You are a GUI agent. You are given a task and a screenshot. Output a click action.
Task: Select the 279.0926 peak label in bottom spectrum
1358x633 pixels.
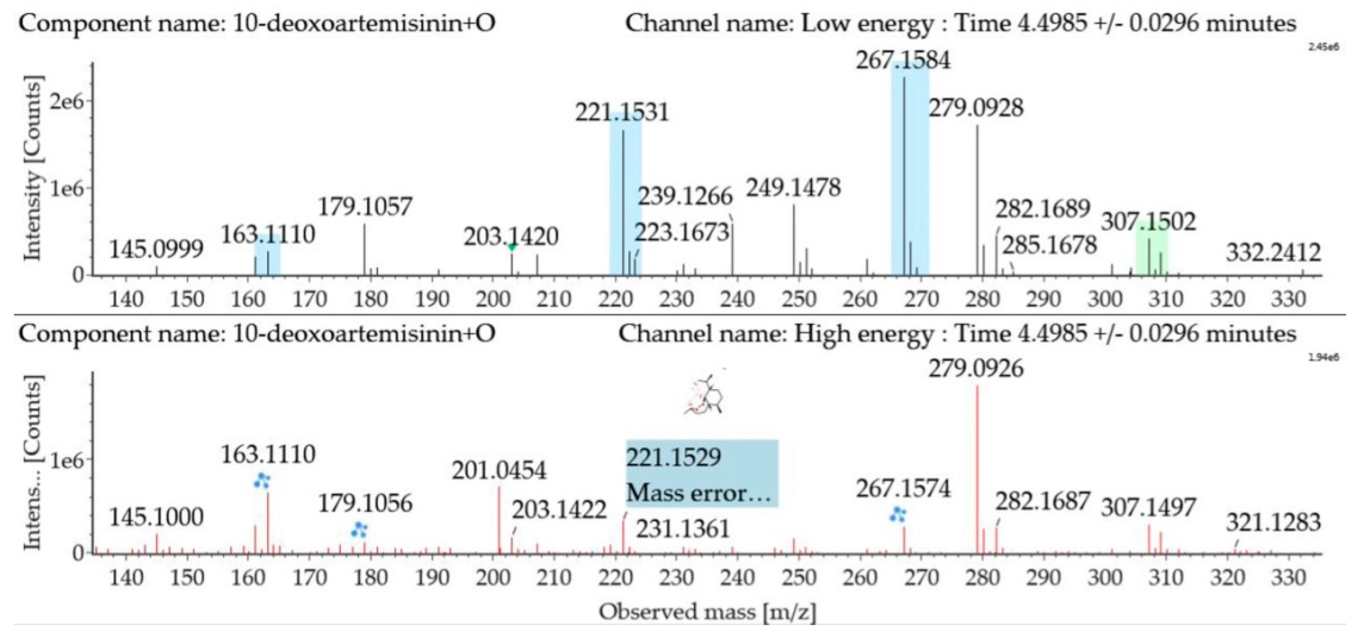click(x=976, y=369)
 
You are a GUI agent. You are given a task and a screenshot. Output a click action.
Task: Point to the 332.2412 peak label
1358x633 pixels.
click(x=1273, y=253)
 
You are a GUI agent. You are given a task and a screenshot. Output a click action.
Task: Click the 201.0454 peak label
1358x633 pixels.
click(x=499, y=471)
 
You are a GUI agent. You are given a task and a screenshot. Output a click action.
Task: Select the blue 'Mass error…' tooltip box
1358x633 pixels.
click(x=702, y=473)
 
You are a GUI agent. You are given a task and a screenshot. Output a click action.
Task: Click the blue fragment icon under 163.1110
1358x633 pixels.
click(x=262, y=480)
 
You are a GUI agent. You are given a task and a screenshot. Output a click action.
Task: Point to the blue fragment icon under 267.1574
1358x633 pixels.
click(x=897, y=514)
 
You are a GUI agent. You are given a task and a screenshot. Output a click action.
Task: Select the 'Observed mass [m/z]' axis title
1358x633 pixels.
click(x=707, y=612)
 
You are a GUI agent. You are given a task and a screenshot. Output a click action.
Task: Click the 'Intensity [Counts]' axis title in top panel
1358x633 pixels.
click(x=33, y=169)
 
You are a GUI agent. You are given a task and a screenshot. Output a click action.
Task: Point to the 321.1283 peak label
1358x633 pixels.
click(x=1273, y=523)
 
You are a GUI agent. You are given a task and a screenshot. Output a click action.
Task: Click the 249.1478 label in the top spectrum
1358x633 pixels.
click(x=793, y=188)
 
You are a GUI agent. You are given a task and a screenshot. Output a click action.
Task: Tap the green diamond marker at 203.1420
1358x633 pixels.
click(x=511, y=247)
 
